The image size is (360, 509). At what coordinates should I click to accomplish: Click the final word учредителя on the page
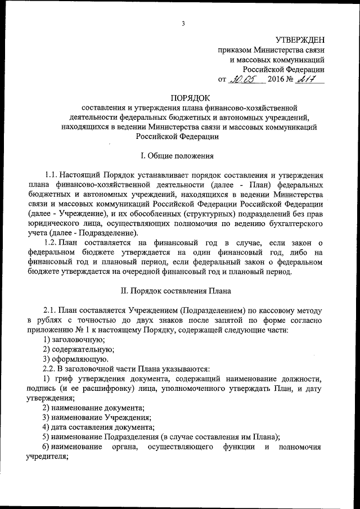point(47,457)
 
